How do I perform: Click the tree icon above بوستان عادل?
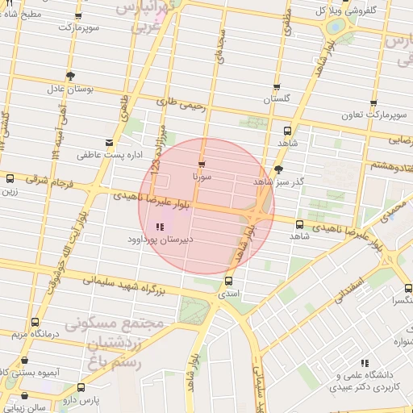[71, 77]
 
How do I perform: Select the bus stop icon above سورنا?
[201, 164]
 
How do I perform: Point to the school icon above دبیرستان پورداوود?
[158, 227]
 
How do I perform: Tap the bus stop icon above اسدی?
[229, 282]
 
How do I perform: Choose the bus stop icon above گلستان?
[277, 87]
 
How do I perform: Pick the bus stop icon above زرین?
[9, 179]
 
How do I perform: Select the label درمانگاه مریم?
[26, 334]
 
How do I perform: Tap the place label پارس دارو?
[81, 399]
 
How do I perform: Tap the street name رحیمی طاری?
[177, 102]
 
